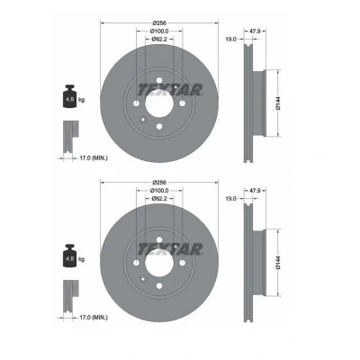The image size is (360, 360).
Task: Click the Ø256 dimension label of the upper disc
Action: tap(159, 22)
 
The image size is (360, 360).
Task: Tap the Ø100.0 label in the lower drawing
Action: tap(159, 191)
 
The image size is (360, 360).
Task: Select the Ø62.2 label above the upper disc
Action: tap(159, 39)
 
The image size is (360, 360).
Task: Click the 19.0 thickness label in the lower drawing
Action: tap(231, 198)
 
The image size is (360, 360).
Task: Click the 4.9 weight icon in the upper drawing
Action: tap(69, 96)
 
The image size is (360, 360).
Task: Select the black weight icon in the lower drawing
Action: tap(69, 256)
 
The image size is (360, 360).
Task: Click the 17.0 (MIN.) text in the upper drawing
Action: tap(93, 158)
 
